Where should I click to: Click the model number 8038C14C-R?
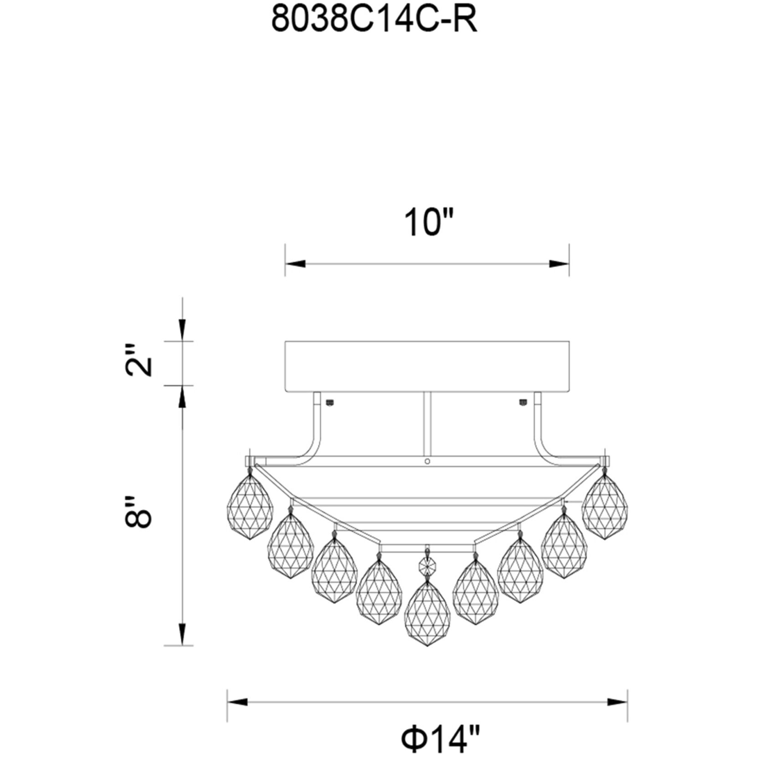tap(374, 20)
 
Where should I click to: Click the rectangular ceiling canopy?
tap(427, 366)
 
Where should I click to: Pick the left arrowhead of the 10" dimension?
tap(295, 264)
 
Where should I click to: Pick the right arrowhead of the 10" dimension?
tap(559, 264)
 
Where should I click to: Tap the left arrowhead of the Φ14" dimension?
tap(237, 702)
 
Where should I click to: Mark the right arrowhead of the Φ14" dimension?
tap(618, 702)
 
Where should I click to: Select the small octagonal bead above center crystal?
tap(427, 566)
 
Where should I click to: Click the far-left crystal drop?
tap(250, 506)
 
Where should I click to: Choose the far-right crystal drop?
tap(605, 506)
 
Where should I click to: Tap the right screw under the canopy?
tap(523, 402)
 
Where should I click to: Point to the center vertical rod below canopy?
tap(427, 423)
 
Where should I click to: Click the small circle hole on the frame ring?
tap(427, 461)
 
